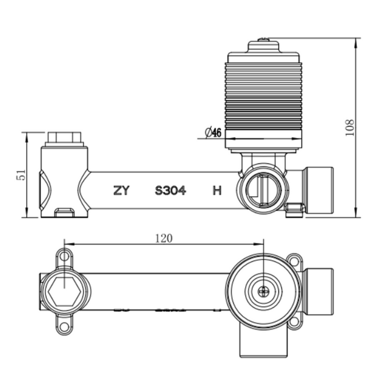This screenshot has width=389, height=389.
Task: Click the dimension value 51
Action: click(x=21, y=175)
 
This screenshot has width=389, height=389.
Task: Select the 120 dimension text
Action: click(x=163, y=238)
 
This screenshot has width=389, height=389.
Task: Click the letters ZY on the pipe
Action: click(x=121, y=191)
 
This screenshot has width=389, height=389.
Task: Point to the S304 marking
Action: click(x=171, y=191)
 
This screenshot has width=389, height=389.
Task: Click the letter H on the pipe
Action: click(x=217, y=191)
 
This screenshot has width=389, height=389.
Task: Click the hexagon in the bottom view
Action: click(x=66, y=290)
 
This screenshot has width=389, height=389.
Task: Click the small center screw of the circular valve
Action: click(x=263, y=290)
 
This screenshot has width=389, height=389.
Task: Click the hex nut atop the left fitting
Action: click(x=65, y=137)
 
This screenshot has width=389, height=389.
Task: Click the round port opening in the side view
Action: click(x=260, y=189)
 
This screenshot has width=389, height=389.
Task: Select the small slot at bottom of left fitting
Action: click(x=65, y=211)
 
